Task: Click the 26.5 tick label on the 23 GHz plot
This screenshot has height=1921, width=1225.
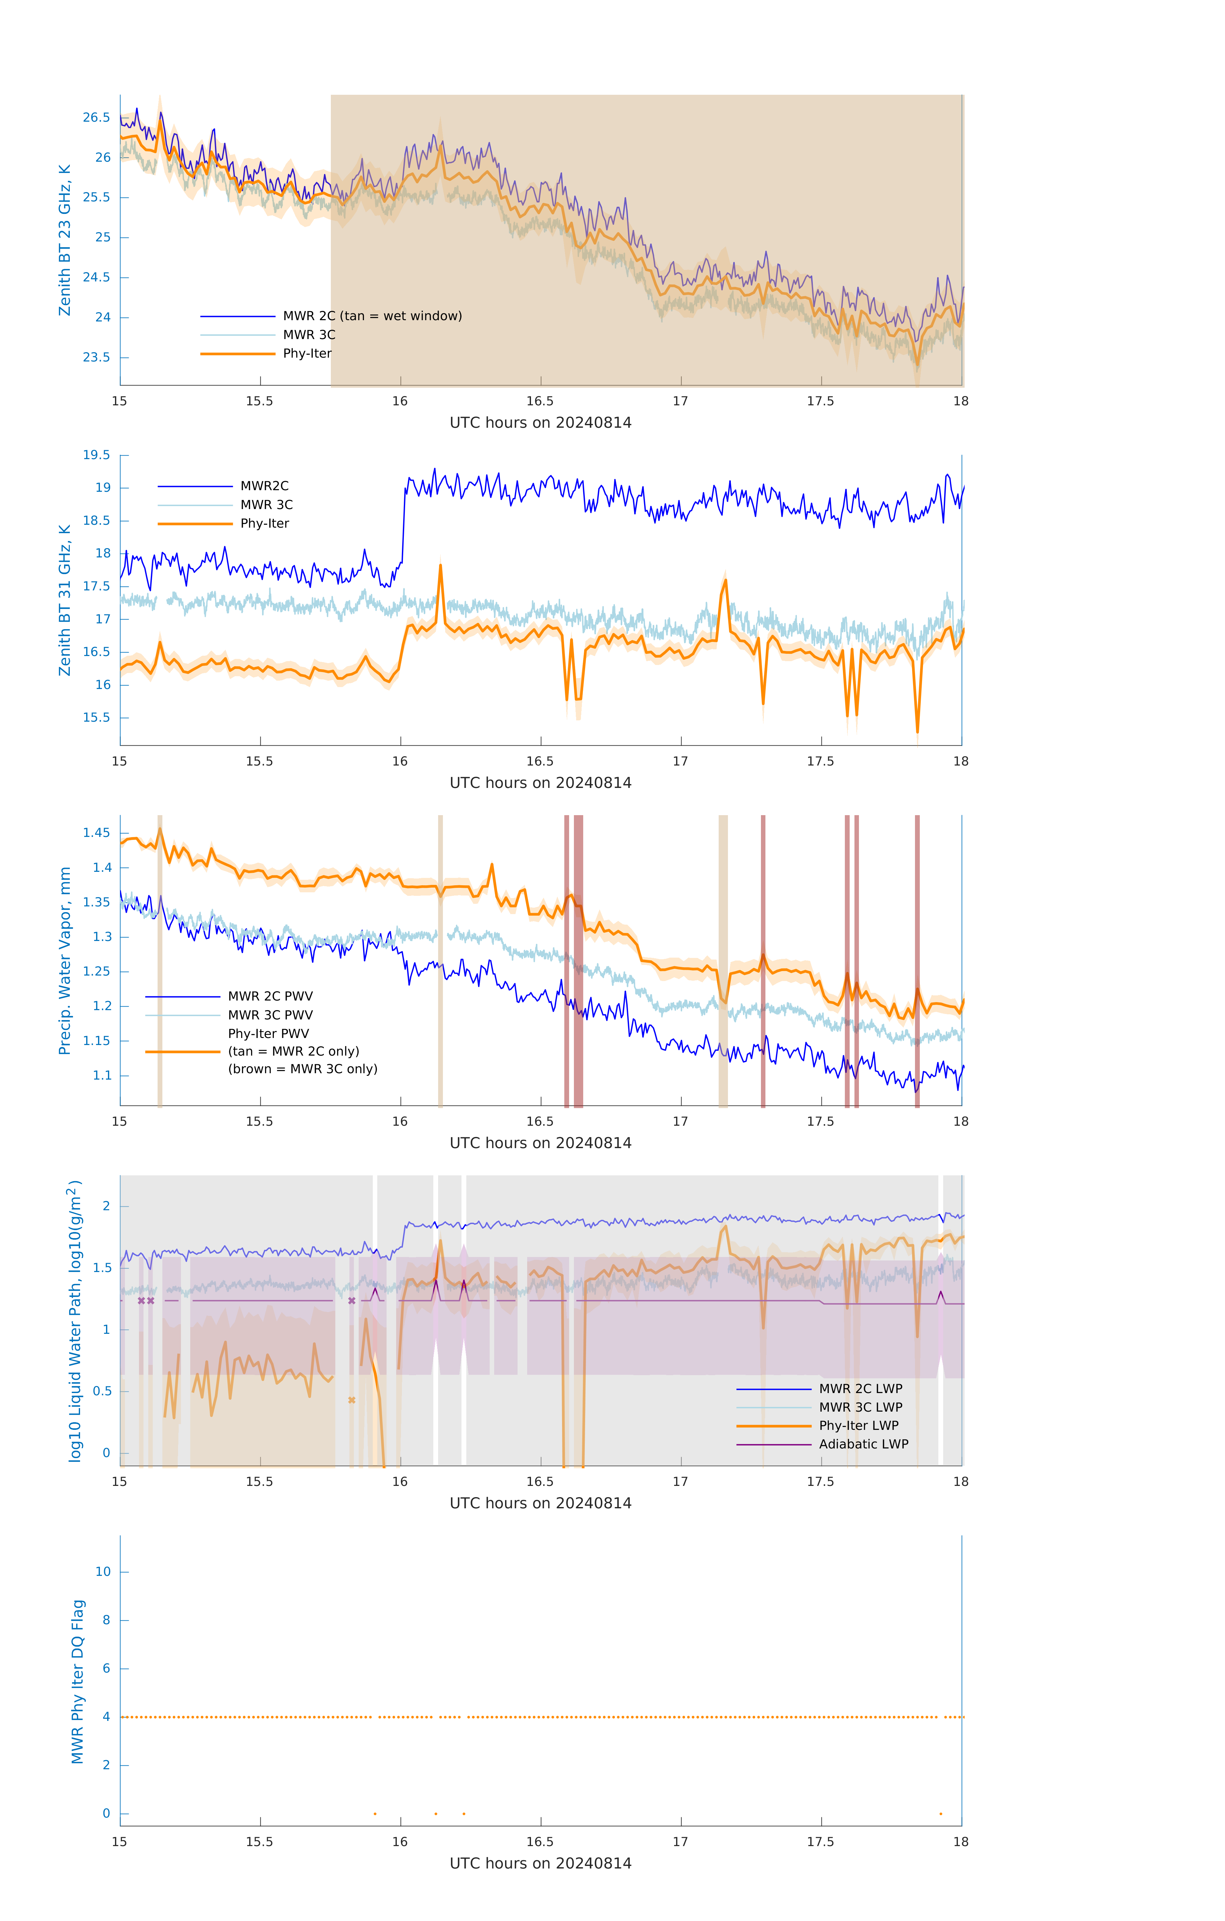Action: pos(97,117)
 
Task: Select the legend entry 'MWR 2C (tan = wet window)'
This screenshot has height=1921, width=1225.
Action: pos(372,316)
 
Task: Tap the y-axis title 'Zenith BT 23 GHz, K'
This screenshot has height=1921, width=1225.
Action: pos(65,240)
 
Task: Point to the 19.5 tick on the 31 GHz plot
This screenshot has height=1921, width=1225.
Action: pos(97,455)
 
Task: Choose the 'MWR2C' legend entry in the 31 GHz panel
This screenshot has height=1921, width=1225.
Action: pos(264,486)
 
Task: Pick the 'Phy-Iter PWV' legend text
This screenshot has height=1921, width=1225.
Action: pos(268,1033)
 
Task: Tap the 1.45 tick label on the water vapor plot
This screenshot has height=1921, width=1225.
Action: pos(97,833)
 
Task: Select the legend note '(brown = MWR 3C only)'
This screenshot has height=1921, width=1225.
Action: pos(302,1069)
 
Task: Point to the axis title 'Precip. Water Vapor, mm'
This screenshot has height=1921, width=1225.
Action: pos(65,960)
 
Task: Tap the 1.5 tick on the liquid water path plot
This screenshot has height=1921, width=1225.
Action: pos(101,1268)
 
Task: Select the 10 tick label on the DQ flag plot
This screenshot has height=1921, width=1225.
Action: pos(103,1572)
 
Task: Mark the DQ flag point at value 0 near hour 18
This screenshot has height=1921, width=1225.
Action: pos(941,1813)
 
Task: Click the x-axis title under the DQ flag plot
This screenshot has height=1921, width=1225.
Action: pos(540,1864)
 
